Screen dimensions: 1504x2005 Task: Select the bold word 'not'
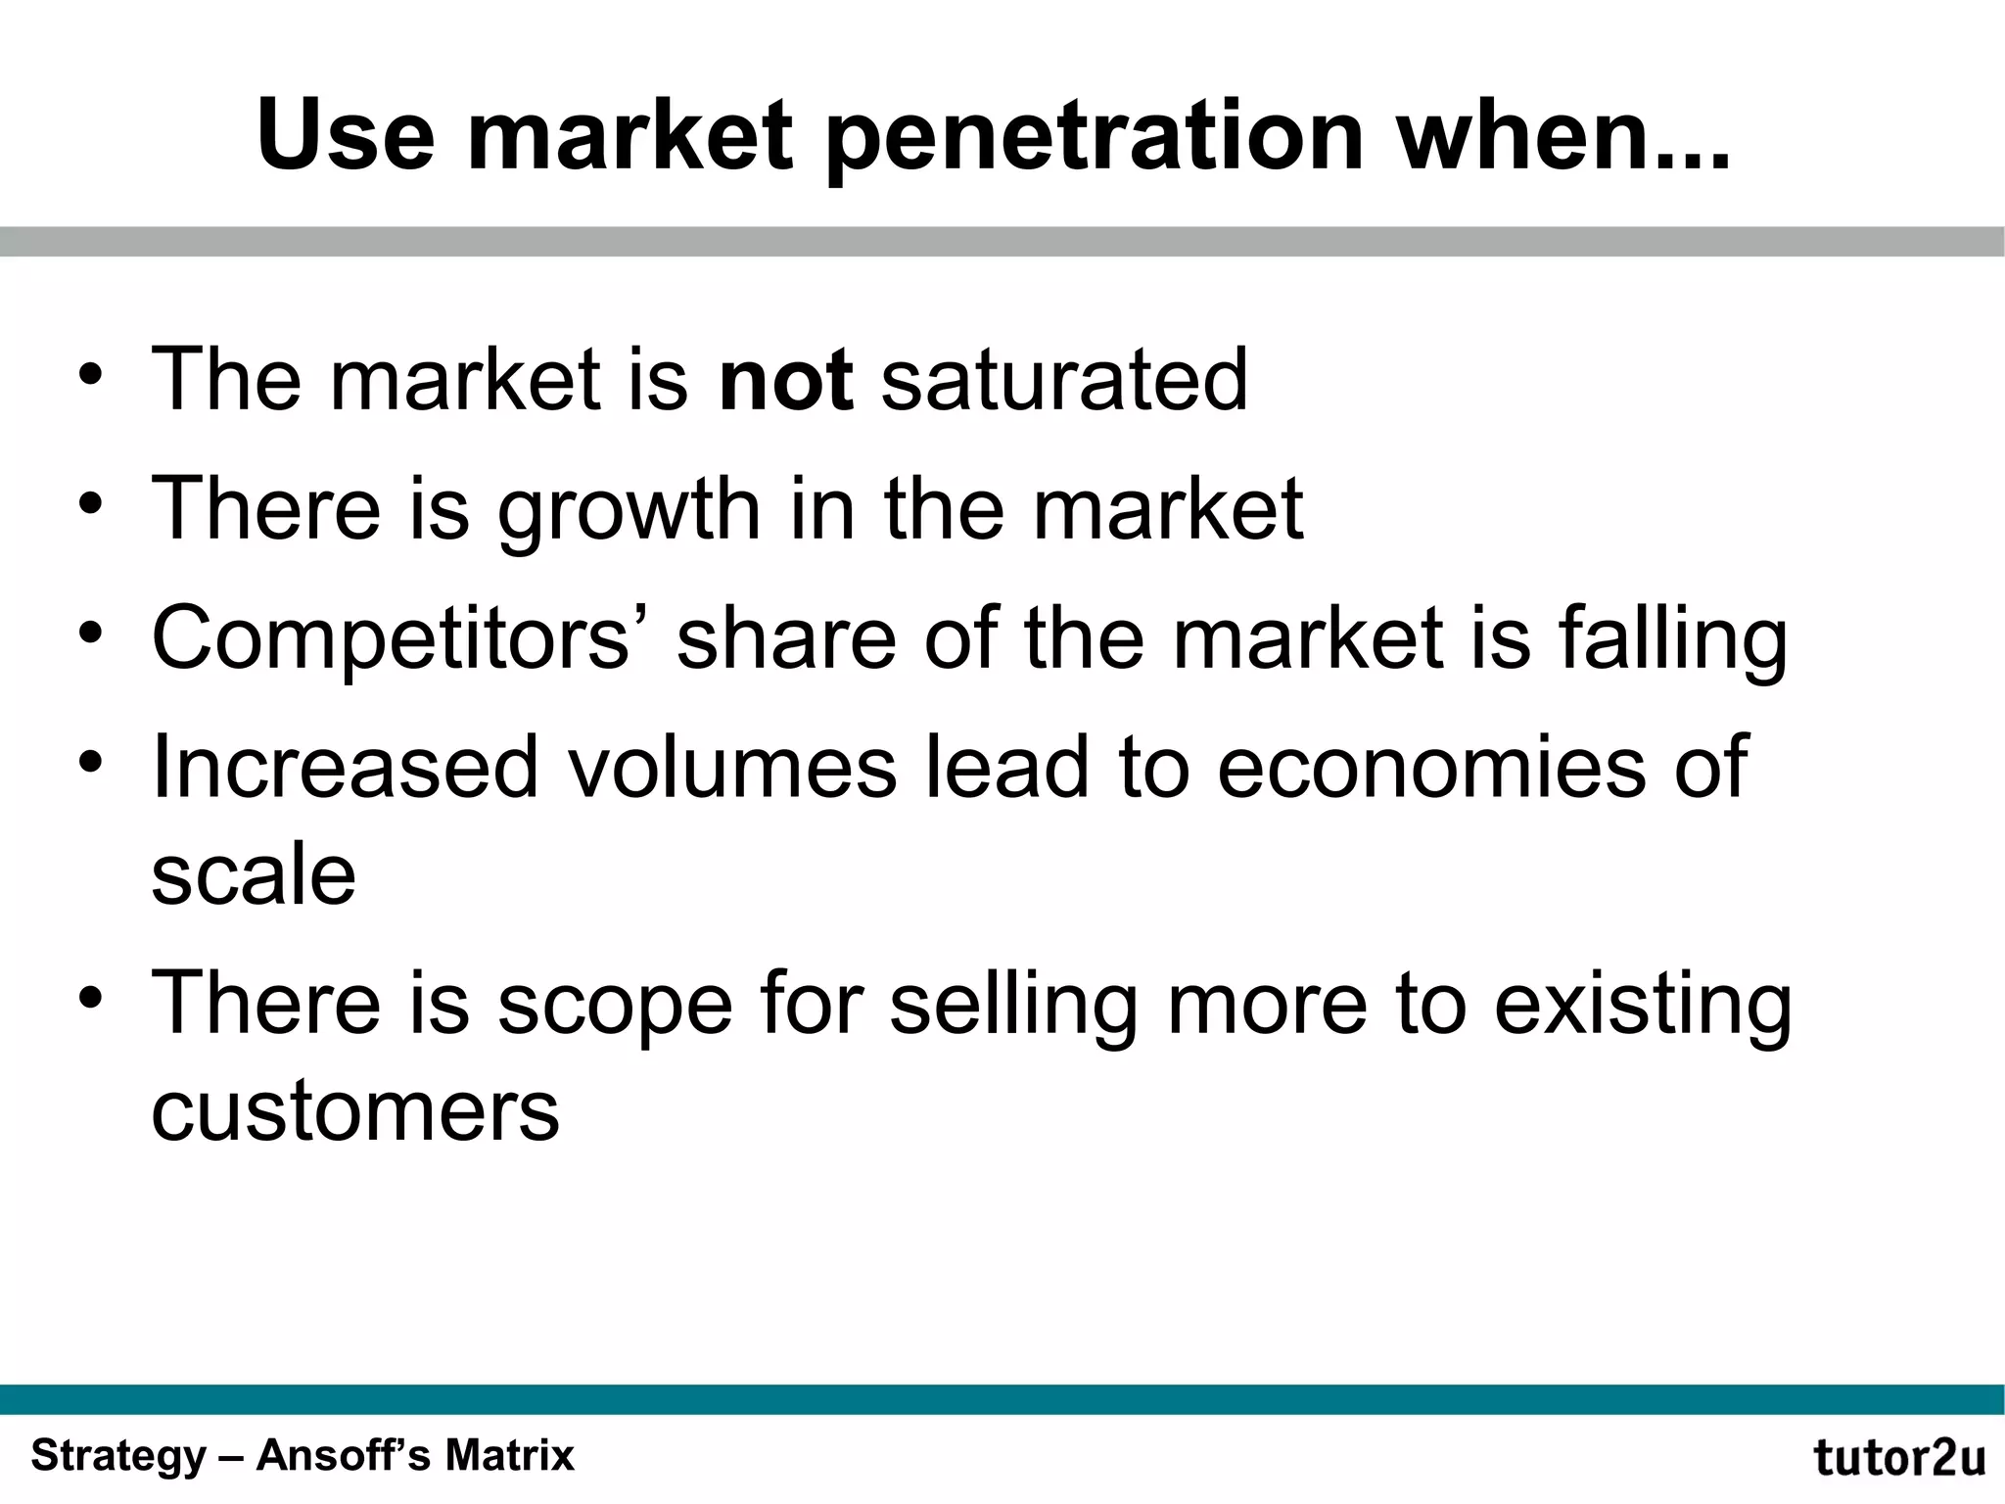tap(785, 379)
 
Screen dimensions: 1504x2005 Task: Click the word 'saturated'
tap(1064, 379)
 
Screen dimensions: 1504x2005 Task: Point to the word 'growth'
tap(628, 510)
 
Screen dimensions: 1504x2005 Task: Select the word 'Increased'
tap(345, 767)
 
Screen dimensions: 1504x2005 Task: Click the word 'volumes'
tap(731, 767)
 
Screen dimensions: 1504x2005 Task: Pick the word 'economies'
tap(1430, 767)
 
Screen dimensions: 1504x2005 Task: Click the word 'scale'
tap(254, 873)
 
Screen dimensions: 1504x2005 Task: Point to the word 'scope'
tap(615, 1004)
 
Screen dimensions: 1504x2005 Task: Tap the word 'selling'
tap(1014, 1004)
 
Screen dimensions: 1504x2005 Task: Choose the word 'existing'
tap(1643, 1004)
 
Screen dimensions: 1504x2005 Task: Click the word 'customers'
tap(355, 1111)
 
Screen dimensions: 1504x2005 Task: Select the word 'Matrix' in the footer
tap(509, 1455)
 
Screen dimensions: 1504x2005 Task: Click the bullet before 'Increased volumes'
tap(91, 763)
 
